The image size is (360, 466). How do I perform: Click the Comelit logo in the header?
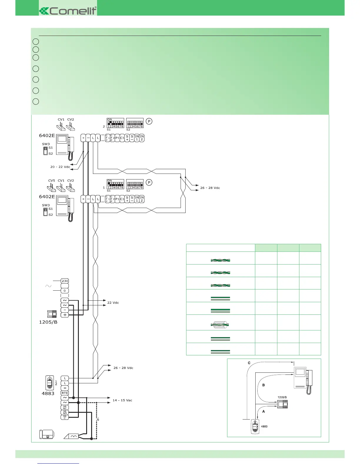click(68, 11)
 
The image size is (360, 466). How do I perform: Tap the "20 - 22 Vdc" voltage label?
click(60, 167)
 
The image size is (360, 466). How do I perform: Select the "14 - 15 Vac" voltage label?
click(122, 400)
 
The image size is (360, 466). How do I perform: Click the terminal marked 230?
click(65, 281)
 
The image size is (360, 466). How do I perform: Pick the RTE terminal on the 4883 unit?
click(65, 393)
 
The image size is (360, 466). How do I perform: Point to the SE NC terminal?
click(65, 407)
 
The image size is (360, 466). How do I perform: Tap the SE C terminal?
click(65, 417)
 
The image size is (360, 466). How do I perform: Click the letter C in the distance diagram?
click(249, 363)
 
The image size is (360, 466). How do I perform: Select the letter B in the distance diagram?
click(264, 385)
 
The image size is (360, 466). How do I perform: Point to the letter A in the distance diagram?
click(264, 412)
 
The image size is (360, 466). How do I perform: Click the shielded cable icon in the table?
click(220, 325)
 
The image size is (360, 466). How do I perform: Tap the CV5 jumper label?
click(51, 181)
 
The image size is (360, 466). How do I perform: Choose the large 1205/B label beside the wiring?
click(48, 322)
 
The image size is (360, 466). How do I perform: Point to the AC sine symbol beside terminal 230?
click(48, 286)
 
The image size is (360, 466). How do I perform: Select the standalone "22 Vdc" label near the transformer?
click(113, 303)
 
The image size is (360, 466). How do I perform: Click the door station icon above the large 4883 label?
click(50, 382)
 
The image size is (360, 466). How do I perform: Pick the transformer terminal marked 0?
click(65, 291)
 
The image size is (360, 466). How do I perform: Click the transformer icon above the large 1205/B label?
click(52, 314)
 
